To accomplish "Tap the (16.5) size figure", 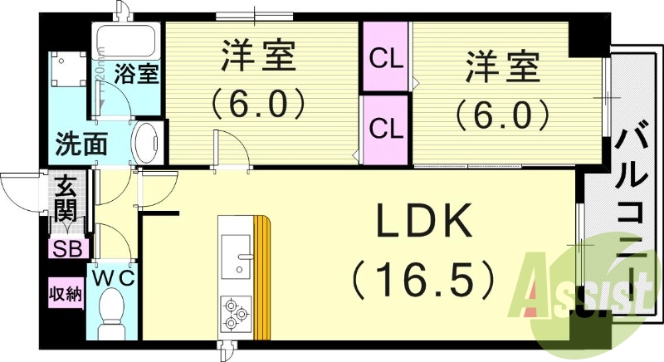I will [x=424, y=279].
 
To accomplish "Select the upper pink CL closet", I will [x=386, y=58].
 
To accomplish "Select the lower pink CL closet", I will [x=386, y=129].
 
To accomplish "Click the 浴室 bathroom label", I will [x=137, y=74].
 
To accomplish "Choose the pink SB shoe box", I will [x=67, y=247].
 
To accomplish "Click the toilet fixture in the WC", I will [x=111, y=316].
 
